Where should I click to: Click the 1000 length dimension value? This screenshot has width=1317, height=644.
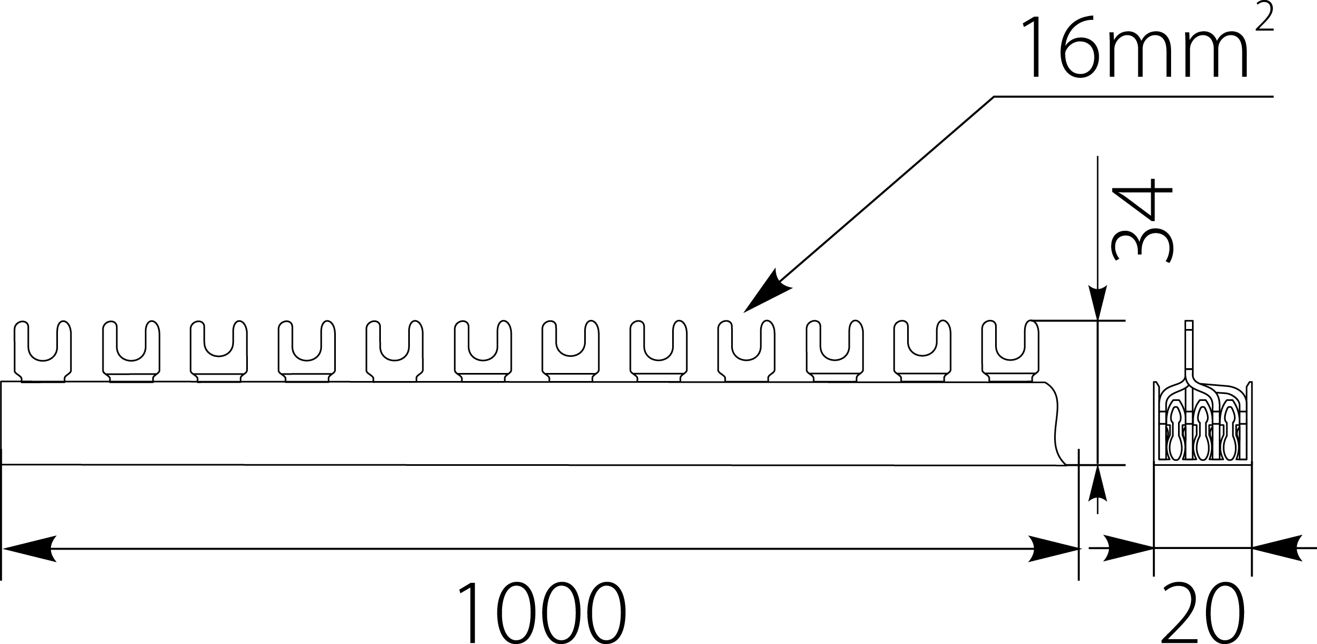click(542, 613)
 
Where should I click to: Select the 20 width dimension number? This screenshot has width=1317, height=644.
click(1202, 613)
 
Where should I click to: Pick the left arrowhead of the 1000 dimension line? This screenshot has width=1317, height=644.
click(30, 548)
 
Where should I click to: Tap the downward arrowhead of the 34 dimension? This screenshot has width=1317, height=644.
click(1098, 303)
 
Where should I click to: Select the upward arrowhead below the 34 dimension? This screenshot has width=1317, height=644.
click(1098, 482)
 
